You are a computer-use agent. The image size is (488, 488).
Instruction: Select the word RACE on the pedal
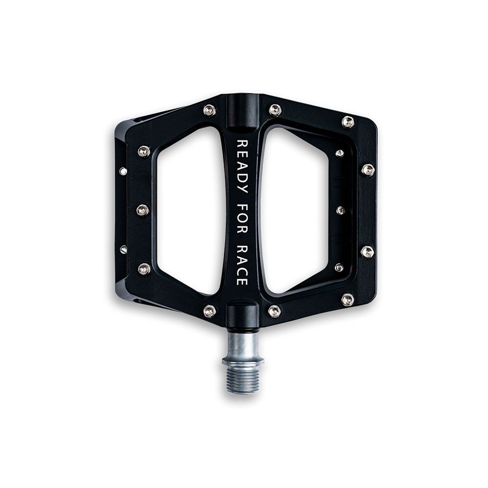tap(242, 269)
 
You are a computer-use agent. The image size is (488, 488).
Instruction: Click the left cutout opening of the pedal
tap(190, 210)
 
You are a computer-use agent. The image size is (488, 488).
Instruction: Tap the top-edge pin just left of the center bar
tap(209, 110)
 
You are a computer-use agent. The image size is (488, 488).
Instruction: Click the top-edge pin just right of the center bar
tap(275, 110)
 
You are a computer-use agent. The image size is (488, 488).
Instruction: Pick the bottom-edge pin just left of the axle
tap(209, 311)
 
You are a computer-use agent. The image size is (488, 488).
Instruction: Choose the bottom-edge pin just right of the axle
tap(275, 311)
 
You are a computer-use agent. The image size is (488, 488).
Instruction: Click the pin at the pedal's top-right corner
tap(347, 122)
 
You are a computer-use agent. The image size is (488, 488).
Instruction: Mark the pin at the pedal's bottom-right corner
tap(347, 299)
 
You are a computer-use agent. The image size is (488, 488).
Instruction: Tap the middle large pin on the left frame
tap(142, 210)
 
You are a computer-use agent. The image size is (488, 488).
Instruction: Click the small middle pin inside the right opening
tap(341, 210)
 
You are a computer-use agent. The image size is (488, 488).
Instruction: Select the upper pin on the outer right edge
tap(368, 170)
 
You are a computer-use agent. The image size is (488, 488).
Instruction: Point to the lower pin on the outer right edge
tap(367, 252)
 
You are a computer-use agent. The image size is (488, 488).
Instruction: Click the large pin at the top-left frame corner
tap(143, 152)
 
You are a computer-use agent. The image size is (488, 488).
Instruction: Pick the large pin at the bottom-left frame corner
tap(144, 268)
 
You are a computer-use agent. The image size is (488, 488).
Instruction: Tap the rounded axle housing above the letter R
tap(242, 112)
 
